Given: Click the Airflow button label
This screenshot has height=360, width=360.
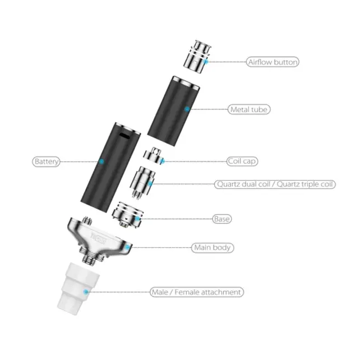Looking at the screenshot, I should pos(273,62).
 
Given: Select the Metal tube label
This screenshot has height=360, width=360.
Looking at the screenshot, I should pos(250,109).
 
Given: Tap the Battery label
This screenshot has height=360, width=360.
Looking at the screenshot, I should pos(46,161).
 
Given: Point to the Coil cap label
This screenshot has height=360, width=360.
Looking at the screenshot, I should pos(242,161).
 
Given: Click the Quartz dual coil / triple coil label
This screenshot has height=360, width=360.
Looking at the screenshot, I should pos(275,184).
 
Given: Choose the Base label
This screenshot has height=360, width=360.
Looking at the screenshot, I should pos(222,219).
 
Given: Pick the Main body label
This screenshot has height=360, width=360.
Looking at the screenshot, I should pos(213,247).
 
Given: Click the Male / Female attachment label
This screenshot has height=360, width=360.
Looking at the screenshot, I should pos(197,292).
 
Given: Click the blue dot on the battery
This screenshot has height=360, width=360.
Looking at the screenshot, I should pos(101,161).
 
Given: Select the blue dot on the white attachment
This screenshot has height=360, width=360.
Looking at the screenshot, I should pos(85,292).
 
